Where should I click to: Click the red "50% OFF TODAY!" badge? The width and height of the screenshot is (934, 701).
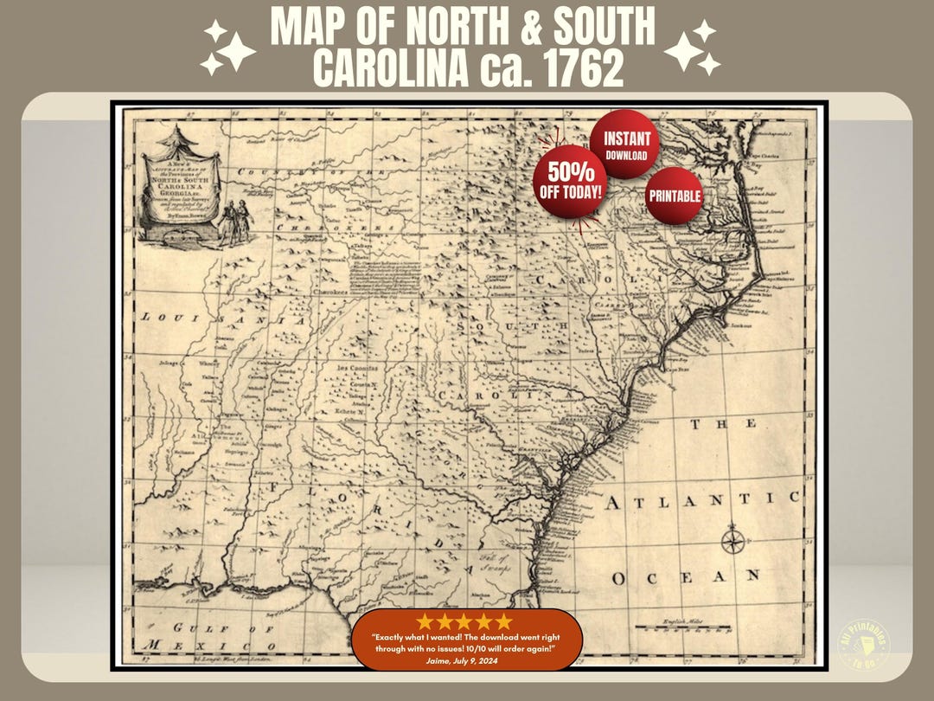click(570, 178)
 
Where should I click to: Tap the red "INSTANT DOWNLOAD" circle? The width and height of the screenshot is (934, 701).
click(625, 145)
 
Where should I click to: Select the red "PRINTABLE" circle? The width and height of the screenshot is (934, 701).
click(675, 196)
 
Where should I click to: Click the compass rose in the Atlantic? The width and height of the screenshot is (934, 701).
click(732, 542)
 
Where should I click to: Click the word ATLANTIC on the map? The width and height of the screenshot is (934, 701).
click(701, 500)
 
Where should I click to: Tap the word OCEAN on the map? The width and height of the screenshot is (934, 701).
click(686, 576)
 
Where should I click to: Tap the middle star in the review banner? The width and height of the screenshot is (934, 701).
click(464, 622)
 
